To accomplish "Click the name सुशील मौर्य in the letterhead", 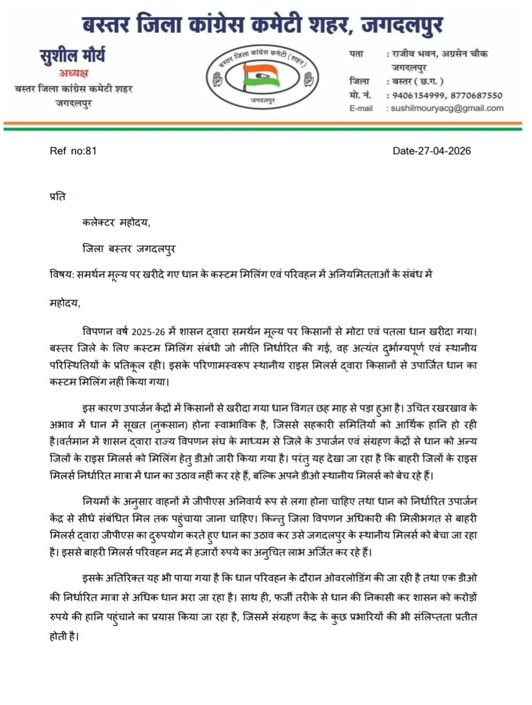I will coord(72,56).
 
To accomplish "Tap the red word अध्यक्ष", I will coord(74,73).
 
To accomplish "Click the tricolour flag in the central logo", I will coord(261,76).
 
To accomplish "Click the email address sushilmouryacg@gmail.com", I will coord(447,108).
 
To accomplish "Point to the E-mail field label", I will coord(361,109).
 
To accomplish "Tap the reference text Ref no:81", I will coord(73,151).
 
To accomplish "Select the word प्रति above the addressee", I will coord(58,197).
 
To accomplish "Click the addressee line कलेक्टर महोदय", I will coord(116,223).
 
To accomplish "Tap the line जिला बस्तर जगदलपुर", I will coord(129,249).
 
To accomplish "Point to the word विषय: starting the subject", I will coord(62,275).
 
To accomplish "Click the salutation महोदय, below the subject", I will coord(65,303).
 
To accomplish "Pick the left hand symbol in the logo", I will coord(217,78).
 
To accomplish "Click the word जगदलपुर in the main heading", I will coord(403,25).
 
